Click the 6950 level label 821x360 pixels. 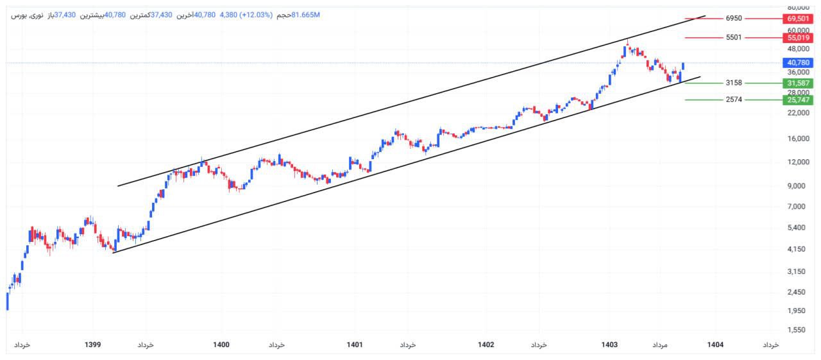734,19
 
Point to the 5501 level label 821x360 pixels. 734,38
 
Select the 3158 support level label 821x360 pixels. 734,83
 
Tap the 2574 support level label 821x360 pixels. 734,100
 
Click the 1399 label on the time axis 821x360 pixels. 93,345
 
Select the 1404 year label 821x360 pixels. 715,345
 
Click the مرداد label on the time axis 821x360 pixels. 660,345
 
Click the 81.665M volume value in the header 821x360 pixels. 305,15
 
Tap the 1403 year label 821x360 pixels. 610,345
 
